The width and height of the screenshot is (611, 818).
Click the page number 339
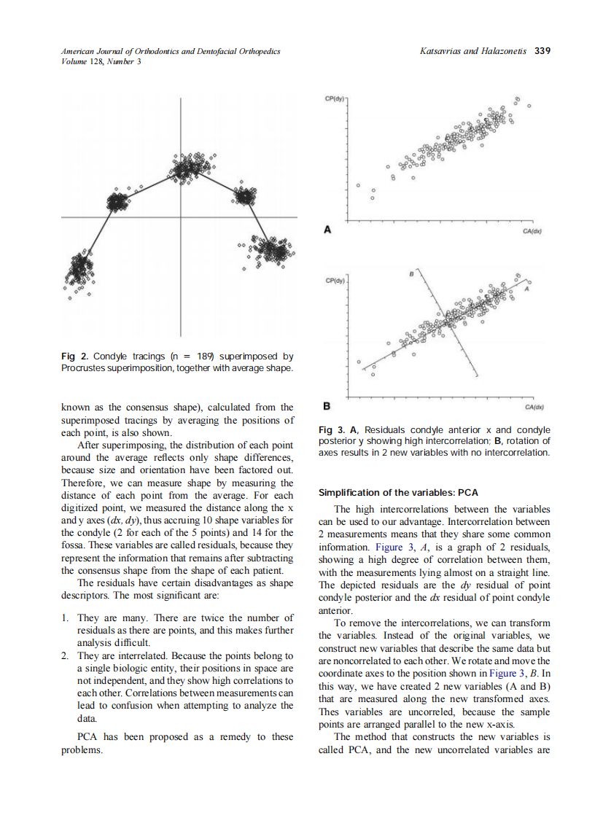click(x=542, y=51)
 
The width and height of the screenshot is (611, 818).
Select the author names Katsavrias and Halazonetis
click(x=475, y=51)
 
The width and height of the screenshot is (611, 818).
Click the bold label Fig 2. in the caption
click(x=75, y=357)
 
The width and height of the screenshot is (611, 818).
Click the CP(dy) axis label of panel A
click(x=335, y=98)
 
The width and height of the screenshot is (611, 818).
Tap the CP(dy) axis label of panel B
click(x=335, y=279)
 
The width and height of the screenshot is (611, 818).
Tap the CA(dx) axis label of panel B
click(x=534, y=408)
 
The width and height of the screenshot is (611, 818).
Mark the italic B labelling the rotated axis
click(x=410, y=274)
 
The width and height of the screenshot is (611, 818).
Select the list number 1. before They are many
click(x=66, y=618)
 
